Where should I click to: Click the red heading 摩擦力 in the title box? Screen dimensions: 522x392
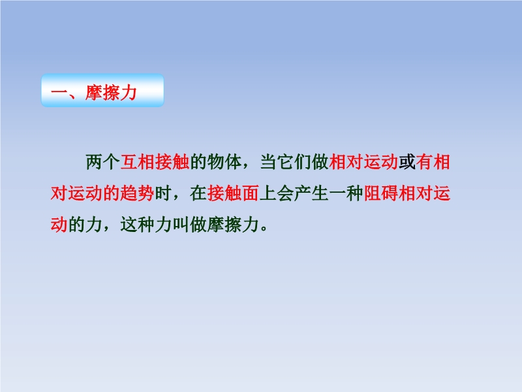[111, 92]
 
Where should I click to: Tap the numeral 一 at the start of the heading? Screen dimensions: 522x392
[59, 92]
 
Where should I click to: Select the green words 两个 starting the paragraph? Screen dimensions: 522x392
[102, 162]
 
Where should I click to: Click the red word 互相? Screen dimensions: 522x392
[137, 162]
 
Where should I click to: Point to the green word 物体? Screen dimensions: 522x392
[224, 162]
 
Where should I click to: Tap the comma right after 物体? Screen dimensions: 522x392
[246, 167]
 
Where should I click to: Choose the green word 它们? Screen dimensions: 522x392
[294, 162]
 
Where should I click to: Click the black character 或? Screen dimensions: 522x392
[407, 162]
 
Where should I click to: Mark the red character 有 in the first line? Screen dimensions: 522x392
[424, 162]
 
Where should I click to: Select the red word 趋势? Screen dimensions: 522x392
[137, 193]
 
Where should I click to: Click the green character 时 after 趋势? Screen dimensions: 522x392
[163, 193]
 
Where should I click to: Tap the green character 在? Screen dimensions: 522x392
[198, 193]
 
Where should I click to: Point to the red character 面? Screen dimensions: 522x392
[251, 193]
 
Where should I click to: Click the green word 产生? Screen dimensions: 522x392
[311, 193]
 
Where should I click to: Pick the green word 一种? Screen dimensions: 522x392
[346, 193]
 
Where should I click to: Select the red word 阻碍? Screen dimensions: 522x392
[380, 193]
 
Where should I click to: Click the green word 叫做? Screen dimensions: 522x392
[189, 224]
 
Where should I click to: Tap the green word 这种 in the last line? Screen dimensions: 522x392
[137, 224]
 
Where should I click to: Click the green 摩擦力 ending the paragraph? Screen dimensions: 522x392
[233, 224]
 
